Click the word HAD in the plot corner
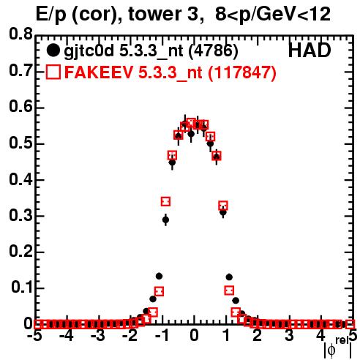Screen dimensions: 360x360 pyautogui.click(x=310, y=50)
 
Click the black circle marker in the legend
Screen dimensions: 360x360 pyautogui.click(x=53, y=50)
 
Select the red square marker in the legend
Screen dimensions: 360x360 pyautogui.click(x=53, y=72)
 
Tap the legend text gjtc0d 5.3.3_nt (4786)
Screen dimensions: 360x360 pyautogui.click(x=151, y=51)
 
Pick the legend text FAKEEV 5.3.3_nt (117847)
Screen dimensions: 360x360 pyautogui.click(x=170, y=72)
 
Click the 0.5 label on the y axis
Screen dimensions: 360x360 pyautogui.click(x=20, y=143)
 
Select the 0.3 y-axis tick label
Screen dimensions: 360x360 pyautogui.click(x=20, y=216)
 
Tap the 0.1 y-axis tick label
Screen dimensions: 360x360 pyautogui.click(x=21, y=288)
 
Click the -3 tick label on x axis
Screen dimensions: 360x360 pyautogui.click(x=98, y=335)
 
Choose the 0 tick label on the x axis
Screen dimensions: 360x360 pyautogui.click(x=194, y=335)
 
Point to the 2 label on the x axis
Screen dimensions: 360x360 pyautogui.click(x=258, y=335)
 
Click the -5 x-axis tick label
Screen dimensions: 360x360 pyautogui.click(x=34, y=335)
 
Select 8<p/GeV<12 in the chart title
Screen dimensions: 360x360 pyautogui.click(x=273, y=15)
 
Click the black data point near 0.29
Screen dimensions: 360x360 pyautogui.click(x=165, y=220)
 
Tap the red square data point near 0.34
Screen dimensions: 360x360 pyautogui.click(x=165, y=201)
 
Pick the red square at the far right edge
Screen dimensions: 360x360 pyautogui.click(x=350, y=324)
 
